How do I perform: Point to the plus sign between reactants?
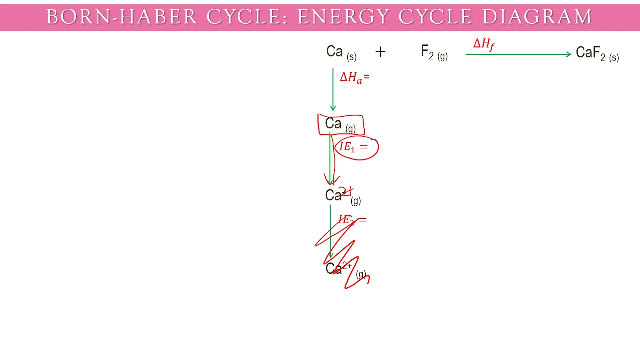click(380, 52)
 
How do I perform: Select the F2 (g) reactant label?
click(434, 53)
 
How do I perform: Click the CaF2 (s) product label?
click(597, 53)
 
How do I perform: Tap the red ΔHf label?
click(483, 45)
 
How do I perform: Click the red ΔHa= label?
click(354, 77)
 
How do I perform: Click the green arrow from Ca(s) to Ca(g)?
click(333, 90)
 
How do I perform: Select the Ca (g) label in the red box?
click(340, 124)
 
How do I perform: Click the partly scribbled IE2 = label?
click(352, 220)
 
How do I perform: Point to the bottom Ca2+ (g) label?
click(345, 269)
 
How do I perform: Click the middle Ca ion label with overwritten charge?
click(342, 196)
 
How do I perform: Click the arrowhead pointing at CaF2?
click(569, 54)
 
